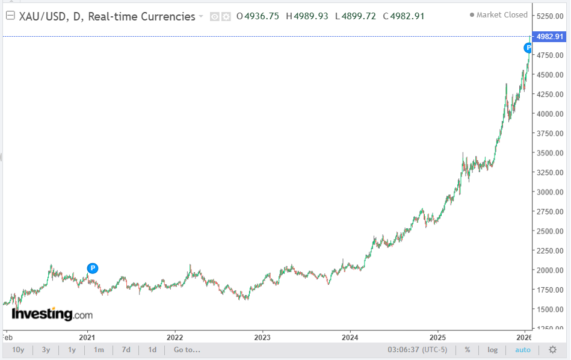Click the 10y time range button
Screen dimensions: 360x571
18,350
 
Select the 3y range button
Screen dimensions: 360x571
46,350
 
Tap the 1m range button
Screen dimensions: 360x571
99,350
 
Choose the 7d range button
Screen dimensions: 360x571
126,350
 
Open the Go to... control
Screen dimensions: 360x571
187,350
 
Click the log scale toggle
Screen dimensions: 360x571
492,350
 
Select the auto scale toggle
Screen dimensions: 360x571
523,350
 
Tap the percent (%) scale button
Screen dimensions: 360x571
467,350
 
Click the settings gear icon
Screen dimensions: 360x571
552,350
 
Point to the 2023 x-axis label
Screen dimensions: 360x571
262,336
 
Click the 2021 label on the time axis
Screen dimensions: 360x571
88,336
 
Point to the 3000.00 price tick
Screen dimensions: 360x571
550,192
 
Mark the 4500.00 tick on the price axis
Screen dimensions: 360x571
550,75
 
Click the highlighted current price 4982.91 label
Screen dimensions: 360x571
550,37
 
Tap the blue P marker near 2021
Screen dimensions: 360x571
92,268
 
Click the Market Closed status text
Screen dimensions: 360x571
502,15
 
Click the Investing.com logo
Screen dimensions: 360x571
52,314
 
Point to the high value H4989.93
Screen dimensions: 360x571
307,16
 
